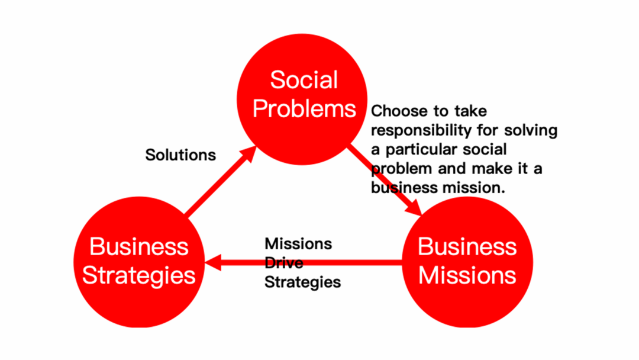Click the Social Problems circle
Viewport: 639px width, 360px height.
[x=302, y=99]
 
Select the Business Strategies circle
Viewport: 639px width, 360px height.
[x=139, y=262]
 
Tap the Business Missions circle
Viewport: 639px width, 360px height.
[x=467, y=262]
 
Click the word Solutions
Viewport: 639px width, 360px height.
[x=180, y=155]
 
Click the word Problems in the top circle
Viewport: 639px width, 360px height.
[x=304, y=109]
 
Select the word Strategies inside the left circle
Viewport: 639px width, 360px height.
[x=139, y=276]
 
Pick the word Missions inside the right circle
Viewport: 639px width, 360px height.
[x=467, y=275]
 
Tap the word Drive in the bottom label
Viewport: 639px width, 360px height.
[x=283, y=263]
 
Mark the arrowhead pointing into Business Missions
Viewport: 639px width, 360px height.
[x=414, y=207]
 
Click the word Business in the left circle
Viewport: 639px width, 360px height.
[x=139, y=247]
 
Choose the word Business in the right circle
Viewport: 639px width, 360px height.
[x=467, y=247]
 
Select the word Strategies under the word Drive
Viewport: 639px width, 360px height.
[x=303, y=282]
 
